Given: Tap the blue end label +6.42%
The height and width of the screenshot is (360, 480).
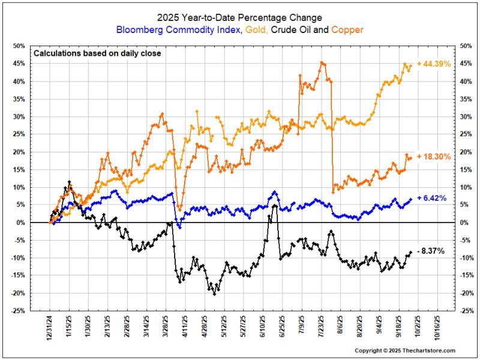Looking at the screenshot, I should pyautogui.click(x=431, y=199).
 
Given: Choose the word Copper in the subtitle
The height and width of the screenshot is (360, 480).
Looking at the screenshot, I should pyautogui.click(x=347, y=29).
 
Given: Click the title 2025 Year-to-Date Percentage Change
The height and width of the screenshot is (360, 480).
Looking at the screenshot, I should pyautogui.click(x=239, y=17).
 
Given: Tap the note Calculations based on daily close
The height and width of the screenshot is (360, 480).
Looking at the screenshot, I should pyautogui.click(x=97, y=53).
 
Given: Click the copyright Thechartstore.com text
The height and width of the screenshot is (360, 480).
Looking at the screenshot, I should pyautogui.click(x=405, y=350).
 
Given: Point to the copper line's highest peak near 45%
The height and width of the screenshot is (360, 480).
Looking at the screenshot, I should pyautogui.click(x=323, y=62).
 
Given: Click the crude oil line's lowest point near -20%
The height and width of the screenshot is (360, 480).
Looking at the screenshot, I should pyautogui.click(x=215, y=293).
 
